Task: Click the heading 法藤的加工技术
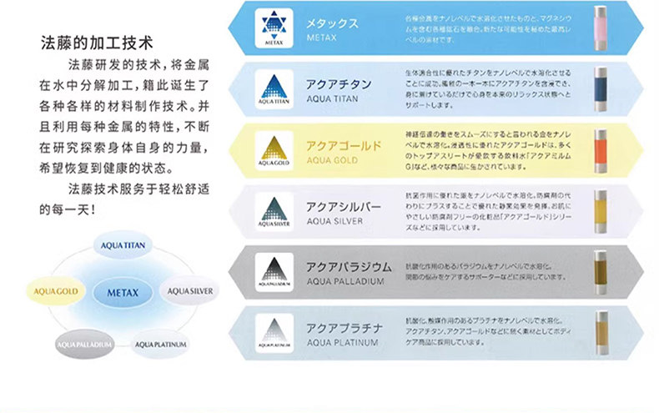[94, 40]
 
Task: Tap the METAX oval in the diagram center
[122, 292]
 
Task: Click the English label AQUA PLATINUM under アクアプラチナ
[343, 342]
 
